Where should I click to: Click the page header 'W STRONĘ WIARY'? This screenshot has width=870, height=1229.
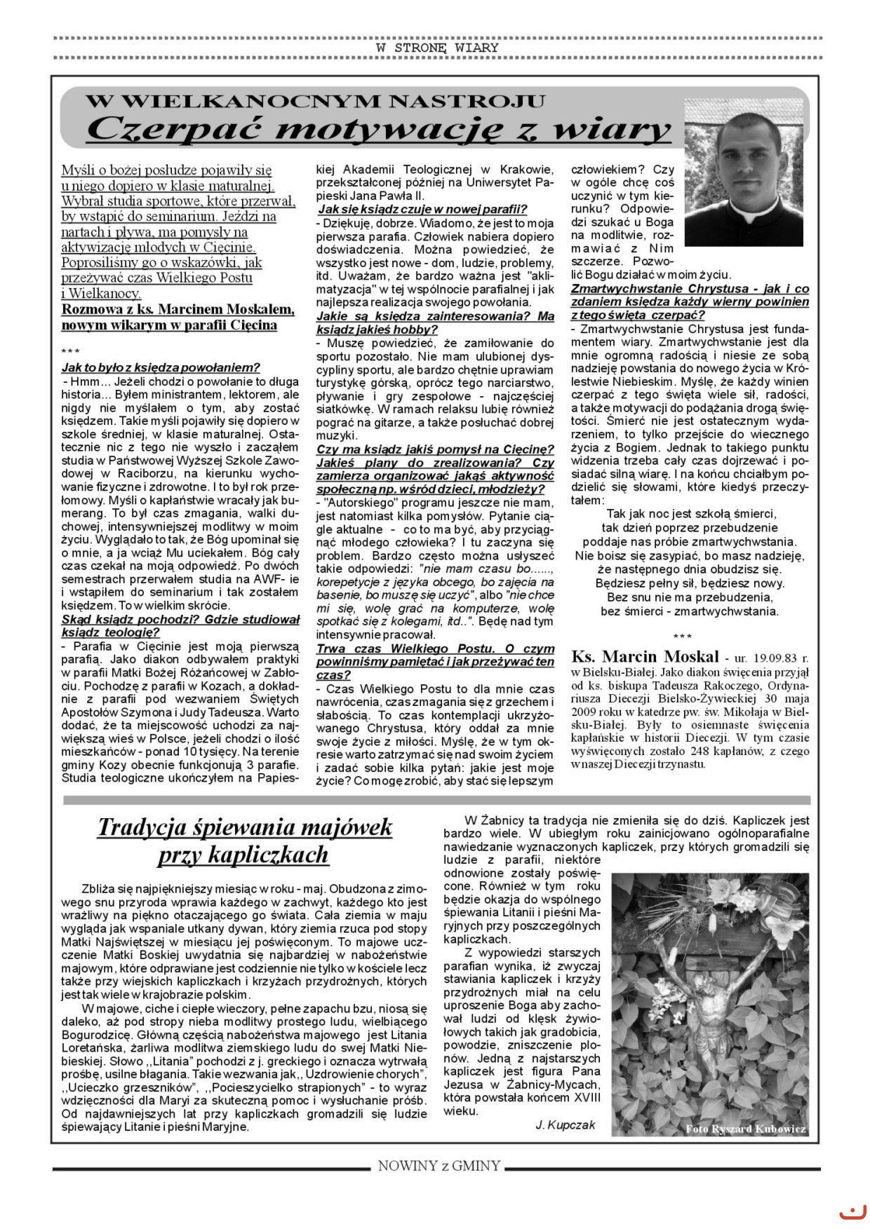tap(437, 48)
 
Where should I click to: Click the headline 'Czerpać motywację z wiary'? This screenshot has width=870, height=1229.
tap(379, 130)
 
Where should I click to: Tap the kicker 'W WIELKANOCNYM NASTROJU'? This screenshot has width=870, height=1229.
tap(315, 101)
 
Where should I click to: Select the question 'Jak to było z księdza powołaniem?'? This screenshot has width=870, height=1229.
tap(161, 367)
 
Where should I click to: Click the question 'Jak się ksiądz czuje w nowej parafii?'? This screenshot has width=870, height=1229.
tap(422, 209)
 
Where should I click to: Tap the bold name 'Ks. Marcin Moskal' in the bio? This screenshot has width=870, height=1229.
tap(645, 657)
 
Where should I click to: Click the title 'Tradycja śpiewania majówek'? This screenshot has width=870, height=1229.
tap(244, 827)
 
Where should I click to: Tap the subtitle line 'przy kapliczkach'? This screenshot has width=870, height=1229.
tap(243, 855)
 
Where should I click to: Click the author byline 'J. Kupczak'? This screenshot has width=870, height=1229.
tap(565, 1125)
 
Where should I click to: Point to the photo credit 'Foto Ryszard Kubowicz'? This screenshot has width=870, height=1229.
tap(746, 1129)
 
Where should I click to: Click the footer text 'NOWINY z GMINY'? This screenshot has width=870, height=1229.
tap(439, 1166)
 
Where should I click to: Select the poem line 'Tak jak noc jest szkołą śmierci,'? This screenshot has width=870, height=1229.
tap(690, 514)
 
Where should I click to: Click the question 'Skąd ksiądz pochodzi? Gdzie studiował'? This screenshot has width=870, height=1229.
tap(180, 619)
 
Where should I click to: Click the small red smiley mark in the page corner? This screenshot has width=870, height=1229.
tap(853, 1211)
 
